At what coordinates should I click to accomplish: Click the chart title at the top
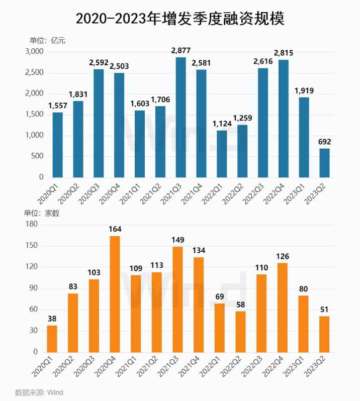(x=180, y=19)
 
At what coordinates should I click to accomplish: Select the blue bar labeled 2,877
(x=181, y=118)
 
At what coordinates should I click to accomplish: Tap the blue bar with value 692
(x=325, y=163)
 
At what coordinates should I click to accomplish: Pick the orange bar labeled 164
(x=115, y=294)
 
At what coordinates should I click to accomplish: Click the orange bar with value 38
(x=52, y=339)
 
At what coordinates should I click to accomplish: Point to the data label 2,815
(x=283, y=53)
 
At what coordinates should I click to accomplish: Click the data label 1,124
(x=221, y=124)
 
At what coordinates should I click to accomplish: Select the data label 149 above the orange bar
(x=177, y=240)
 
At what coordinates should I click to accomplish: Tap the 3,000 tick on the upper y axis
(x=35, y=52)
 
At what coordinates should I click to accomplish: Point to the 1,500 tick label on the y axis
(x=35, y=115)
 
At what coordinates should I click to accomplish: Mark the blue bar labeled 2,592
(x=99, y=123)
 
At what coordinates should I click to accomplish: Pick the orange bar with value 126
(x=283, y=308)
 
